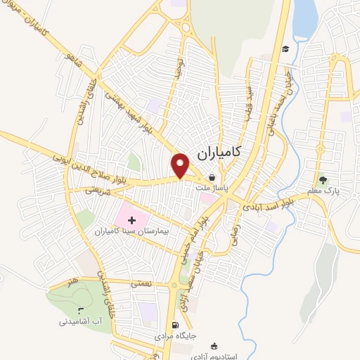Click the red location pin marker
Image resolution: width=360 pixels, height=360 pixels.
(181, 165)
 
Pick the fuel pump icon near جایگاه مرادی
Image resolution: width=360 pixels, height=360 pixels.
(175, 326)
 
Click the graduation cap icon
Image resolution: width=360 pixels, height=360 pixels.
(285, 49)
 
